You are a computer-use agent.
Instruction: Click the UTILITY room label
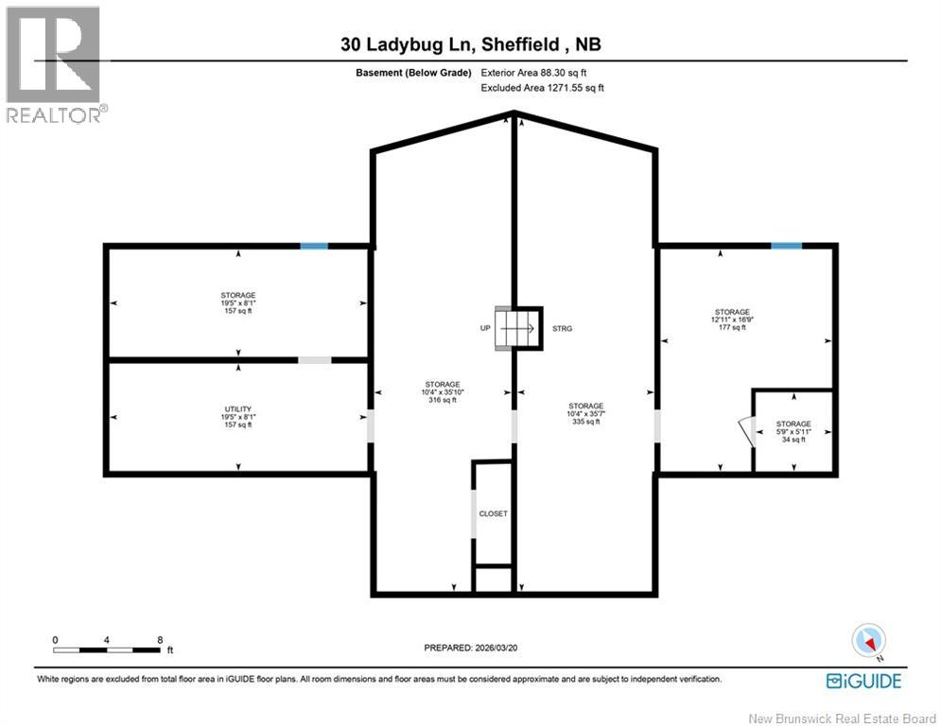(x=237, y=408)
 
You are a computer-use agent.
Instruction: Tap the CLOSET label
(x=494, y=513)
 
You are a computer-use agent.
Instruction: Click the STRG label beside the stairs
(x=563, y=329)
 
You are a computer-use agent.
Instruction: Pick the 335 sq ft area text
(x=585, y=422)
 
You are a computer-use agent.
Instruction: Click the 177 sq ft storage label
(x=732, y=328)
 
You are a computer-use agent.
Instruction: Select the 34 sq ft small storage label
(x=793, y=440)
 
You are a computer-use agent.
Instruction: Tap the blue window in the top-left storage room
(x=314, y=246)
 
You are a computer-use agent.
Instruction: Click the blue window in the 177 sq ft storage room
(x=786, y=246)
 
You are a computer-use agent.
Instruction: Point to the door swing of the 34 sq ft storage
(x=746, y=433)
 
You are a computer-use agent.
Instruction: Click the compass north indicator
(x=868, y=642)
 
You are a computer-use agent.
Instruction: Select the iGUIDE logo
(x=863, y=681)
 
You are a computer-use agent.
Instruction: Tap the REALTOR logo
(x=54, y=64)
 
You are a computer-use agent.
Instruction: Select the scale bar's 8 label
(x=159, y=640)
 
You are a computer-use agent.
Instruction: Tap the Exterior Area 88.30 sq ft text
(x=539, y=72)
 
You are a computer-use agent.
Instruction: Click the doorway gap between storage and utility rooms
(x=315, y=359)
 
